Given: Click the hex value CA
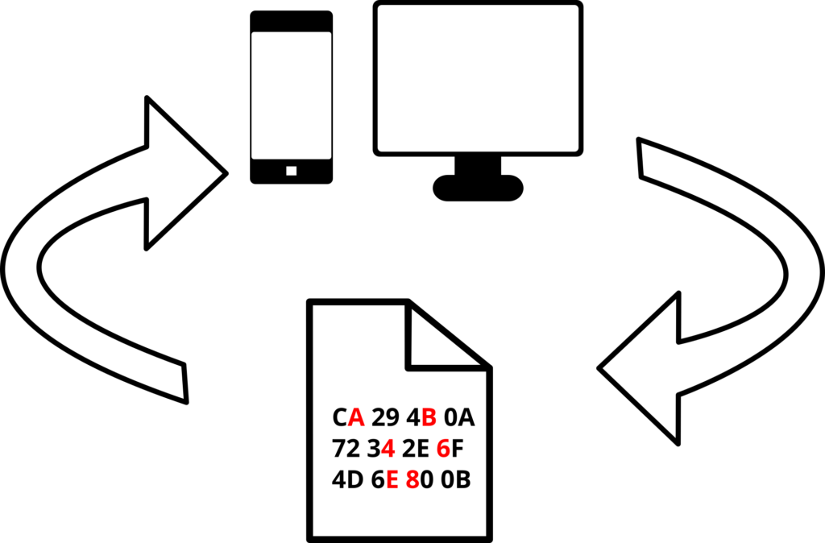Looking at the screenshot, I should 349,418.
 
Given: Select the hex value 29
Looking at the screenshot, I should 386,418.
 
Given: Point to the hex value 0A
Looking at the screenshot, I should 460,418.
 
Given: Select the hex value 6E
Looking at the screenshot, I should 385,480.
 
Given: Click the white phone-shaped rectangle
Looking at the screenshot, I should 291,95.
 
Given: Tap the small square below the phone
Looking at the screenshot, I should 291,171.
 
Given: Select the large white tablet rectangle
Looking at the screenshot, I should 478,78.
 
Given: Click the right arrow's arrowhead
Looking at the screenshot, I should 645,371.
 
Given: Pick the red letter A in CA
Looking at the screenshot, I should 356,418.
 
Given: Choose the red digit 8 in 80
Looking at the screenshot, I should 412,480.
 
